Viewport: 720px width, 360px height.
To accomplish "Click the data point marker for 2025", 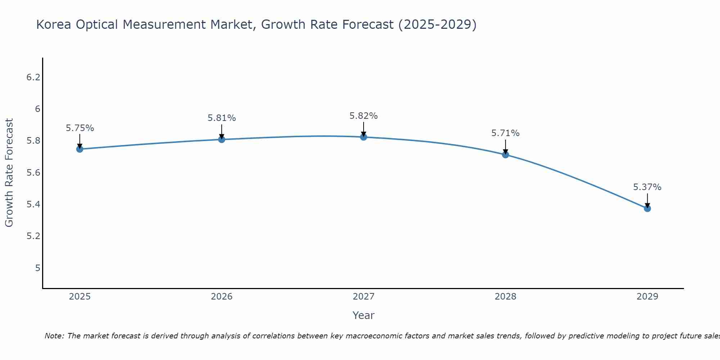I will (80, 149).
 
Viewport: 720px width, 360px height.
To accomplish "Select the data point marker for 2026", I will (222, 139).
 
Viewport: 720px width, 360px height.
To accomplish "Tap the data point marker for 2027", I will (364, 137).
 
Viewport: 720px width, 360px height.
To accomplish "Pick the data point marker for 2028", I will (505, 155).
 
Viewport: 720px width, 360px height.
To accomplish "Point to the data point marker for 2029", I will (647, 208).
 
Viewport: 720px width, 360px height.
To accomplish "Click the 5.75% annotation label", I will (80, 128).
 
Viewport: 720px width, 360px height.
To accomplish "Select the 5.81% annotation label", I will (222, 118).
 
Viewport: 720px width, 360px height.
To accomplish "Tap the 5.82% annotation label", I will (364, 116).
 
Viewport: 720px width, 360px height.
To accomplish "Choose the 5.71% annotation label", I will (505, 133).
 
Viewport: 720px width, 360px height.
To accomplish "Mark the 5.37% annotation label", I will (647, 187).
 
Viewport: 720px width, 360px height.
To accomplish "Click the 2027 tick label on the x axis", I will (364, 297).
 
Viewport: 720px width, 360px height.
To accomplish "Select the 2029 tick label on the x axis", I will (647, 297).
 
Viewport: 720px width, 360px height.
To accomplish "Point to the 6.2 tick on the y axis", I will (33, 77).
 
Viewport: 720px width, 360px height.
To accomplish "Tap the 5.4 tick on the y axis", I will (33, 204).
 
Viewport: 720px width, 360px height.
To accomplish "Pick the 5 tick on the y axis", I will (37, 268).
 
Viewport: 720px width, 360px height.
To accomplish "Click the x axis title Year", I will (364, 315).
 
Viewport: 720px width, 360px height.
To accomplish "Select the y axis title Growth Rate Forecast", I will (9, 173).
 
